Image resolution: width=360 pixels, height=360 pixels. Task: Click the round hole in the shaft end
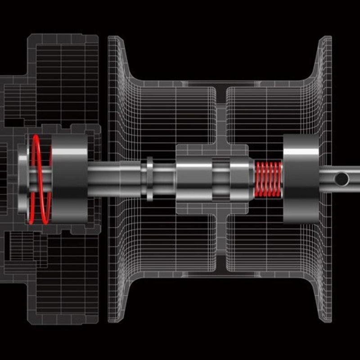point(342,179)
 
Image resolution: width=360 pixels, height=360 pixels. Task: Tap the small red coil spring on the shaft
point(269,179)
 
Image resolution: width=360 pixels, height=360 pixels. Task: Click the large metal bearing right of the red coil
point(301,179)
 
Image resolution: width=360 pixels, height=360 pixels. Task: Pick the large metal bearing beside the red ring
point(70,179)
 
